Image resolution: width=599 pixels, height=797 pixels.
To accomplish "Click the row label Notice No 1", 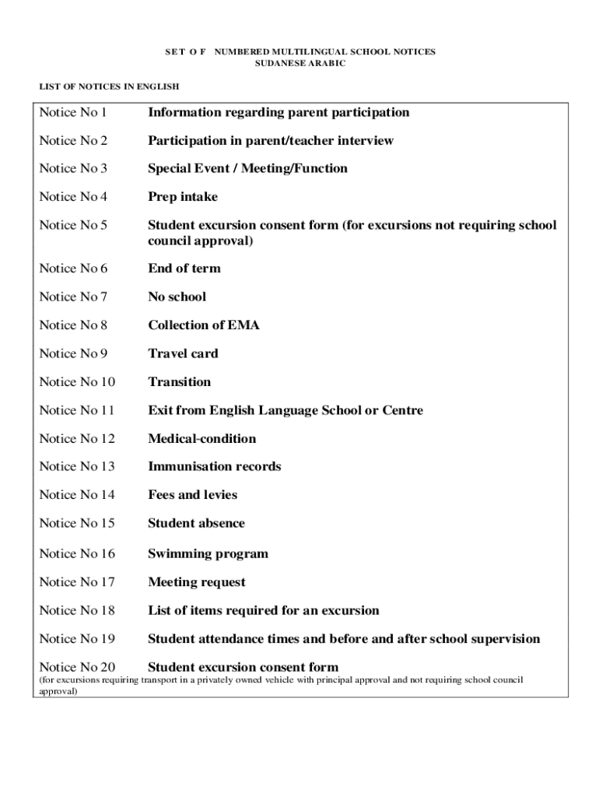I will [x=73, y=113].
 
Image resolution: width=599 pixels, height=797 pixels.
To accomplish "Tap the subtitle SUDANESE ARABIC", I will [x=300, y=63].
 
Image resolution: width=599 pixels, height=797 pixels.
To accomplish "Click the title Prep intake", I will [x=183, y=197].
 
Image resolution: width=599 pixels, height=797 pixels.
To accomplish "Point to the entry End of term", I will [x=184, y=269].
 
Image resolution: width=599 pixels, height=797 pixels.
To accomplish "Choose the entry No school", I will [x=177, y=297].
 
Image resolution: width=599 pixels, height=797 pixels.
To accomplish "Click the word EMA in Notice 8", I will [x=245, y=325].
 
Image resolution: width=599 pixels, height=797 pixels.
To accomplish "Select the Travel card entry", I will [x=183, y=353].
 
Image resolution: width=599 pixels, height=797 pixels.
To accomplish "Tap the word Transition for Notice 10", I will [x=180, y=382].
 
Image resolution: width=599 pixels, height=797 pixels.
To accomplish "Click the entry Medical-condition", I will [x=201, y=439].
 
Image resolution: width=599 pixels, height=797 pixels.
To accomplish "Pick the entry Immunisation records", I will [x=215, y=467].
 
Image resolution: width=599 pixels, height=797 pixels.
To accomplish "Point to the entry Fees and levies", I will [x=193, y=495].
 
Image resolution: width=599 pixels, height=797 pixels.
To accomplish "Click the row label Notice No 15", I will [x=77, y=524].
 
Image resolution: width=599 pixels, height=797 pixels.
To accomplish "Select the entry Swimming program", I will [x=208, y=554].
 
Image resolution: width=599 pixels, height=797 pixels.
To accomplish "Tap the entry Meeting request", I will [x=197, y=582].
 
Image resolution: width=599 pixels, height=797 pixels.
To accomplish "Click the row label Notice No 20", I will [x=77, y=667].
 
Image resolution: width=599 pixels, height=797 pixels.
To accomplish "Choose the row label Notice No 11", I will [x=77, y=410].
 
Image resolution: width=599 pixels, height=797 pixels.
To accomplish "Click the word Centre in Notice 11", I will [x=402, y=410].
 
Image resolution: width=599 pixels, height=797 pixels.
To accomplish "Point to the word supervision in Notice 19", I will [x=501, y=639].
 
